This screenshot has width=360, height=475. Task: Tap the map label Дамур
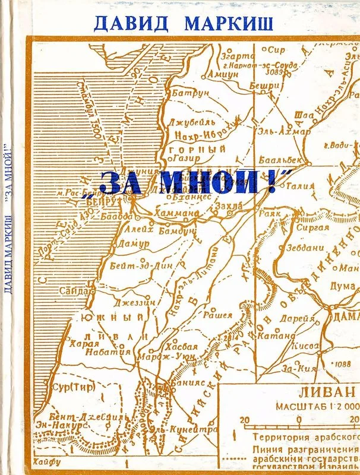130,244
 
